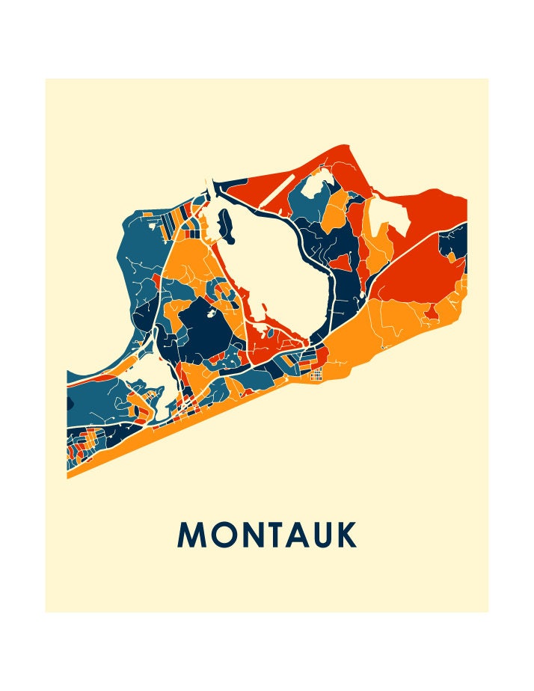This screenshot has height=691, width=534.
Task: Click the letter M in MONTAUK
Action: [191, 535]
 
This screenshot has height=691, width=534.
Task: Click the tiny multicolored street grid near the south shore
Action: [317, 372]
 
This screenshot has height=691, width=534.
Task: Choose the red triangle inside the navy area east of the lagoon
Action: [342, 262]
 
